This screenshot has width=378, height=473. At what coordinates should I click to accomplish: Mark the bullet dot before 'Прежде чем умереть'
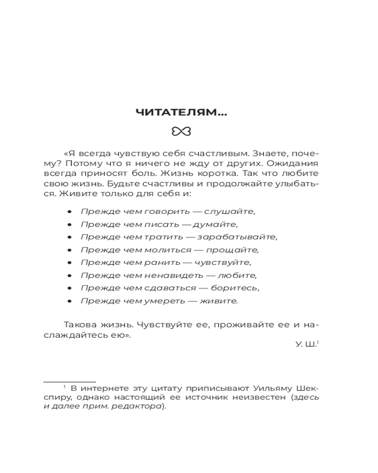(x=70, y=301)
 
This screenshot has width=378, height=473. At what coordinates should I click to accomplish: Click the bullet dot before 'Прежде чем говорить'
(x=70, y=211)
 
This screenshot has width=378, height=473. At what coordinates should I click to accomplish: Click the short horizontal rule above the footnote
(x=69, y=380)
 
